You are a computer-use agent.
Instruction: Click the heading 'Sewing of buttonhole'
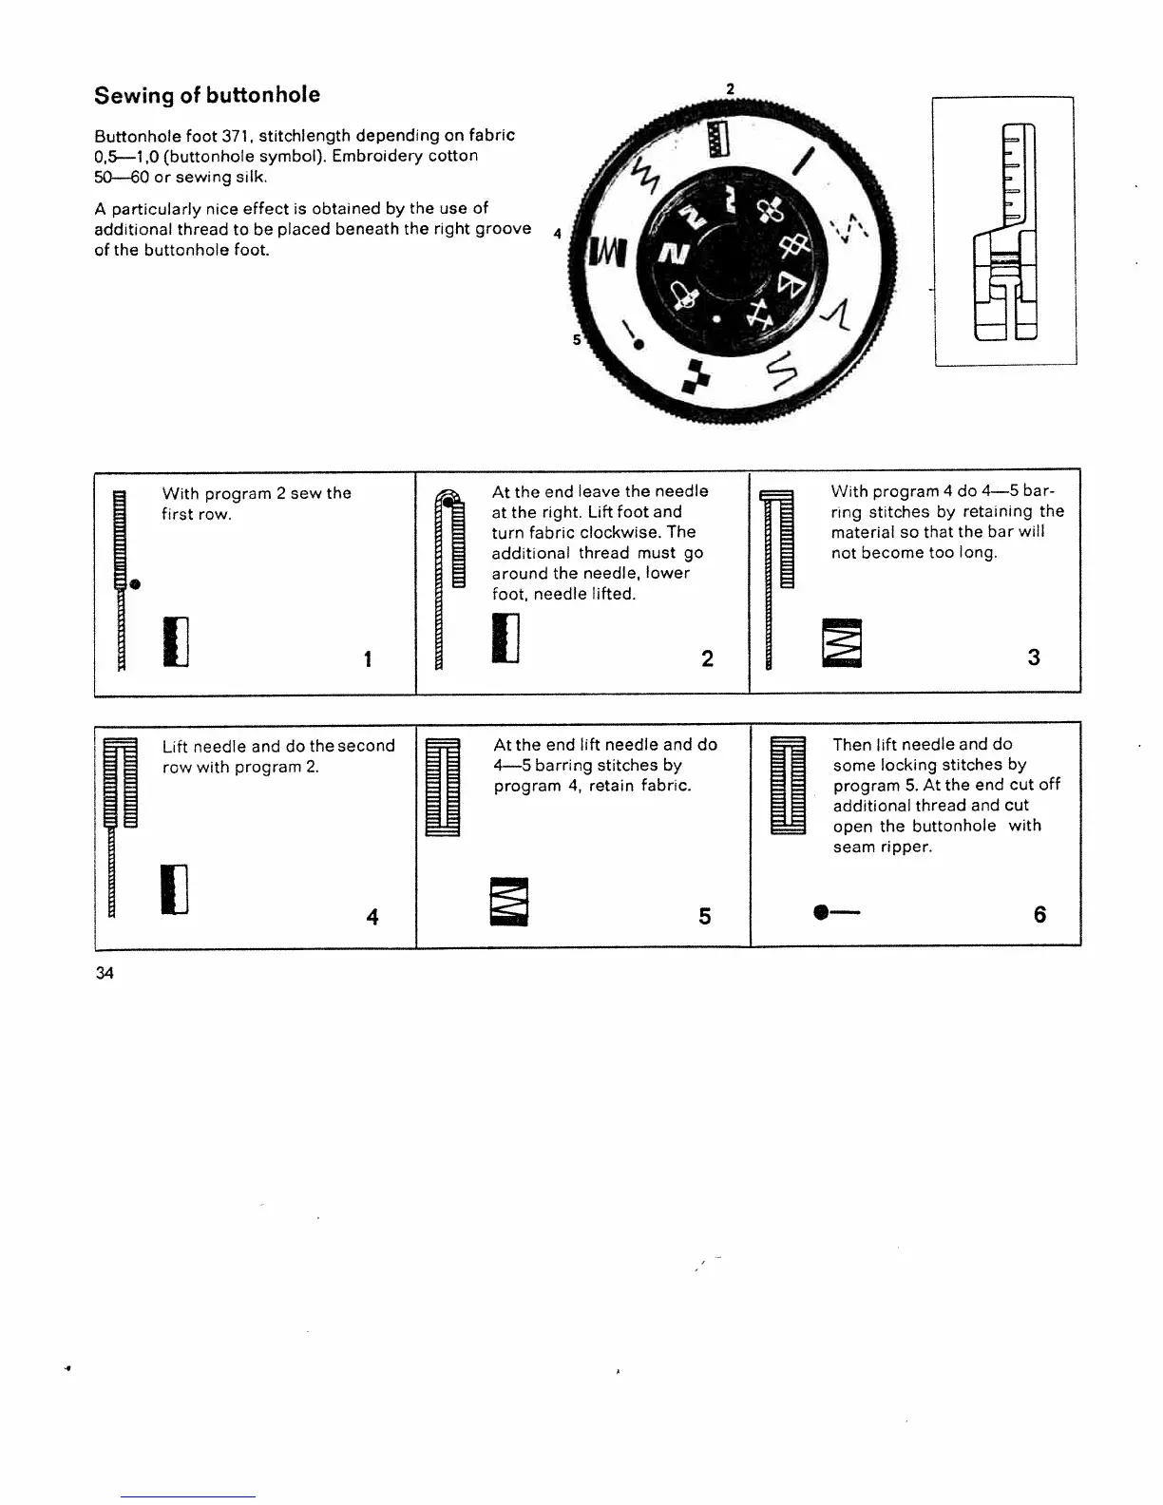207,95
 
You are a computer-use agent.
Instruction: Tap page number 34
105,973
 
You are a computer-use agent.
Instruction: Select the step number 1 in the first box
367,658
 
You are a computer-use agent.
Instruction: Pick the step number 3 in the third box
1034,657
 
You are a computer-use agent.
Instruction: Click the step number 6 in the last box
1039,914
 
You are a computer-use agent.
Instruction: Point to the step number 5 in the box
705,916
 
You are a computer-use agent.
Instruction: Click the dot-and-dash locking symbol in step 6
836,914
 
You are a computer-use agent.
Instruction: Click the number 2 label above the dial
730,89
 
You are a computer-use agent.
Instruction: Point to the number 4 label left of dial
558,233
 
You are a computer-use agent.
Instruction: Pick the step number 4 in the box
372,917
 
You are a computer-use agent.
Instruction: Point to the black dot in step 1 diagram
137,582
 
